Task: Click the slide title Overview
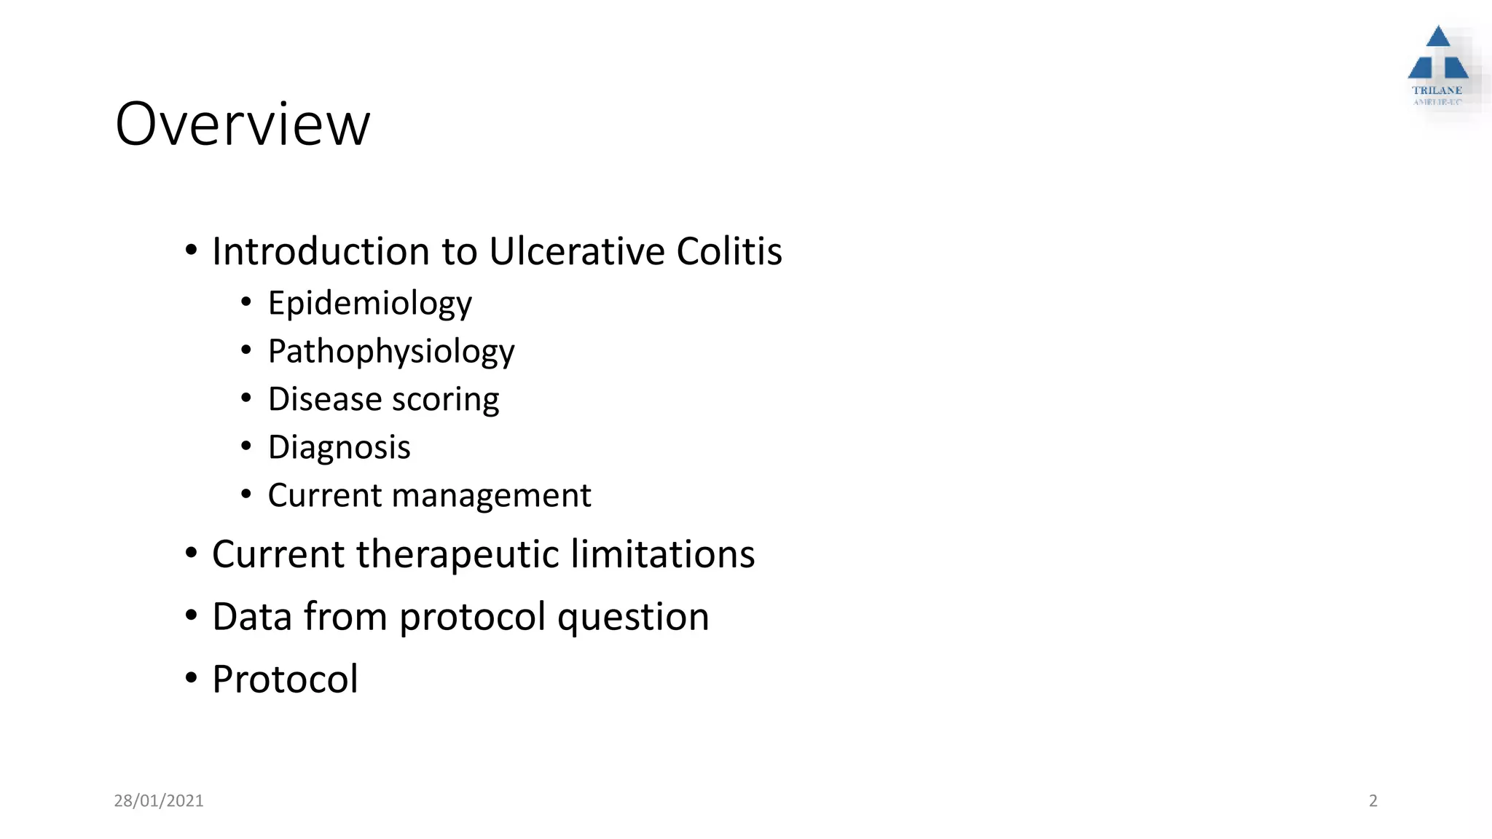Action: tap(243, 125)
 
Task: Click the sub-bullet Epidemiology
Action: tap(369, 304)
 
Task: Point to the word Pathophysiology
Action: tap(391, 352)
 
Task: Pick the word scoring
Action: tap(445, 400)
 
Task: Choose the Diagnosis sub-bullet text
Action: tap(339, 447)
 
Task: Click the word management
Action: tap(492, 495)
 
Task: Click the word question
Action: tap(633, 618)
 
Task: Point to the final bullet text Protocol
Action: tap(285, 680)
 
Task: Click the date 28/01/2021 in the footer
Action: tap(159, 800)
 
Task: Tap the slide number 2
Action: tap(1373, 800)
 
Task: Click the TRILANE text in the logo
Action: tap(1437, 90)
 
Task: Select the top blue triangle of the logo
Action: tap(1438, 37)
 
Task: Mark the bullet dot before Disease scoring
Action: tap(246, 398)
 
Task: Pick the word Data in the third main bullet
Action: tap(252, 617)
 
